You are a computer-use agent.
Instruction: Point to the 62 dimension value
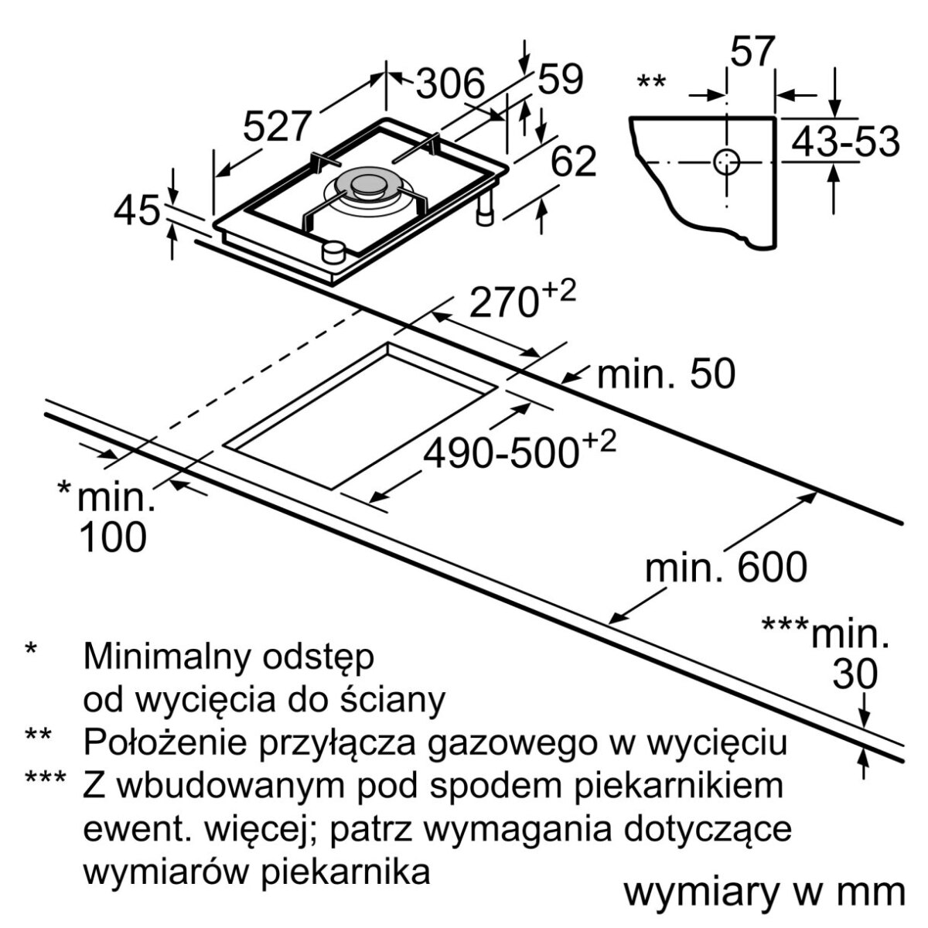(574, 162)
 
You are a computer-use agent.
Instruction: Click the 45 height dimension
(137, 210)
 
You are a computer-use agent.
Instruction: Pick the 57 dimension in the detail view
(752, 53)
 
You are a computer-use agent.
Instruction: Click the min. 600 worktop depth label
(726, 568)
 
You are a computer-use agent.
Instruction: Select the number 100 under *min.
(113, 537)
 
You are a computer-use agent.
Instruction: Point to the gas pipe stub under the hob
(486, 210)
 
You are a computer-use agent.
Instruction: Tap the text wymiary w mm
(764, 892)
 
